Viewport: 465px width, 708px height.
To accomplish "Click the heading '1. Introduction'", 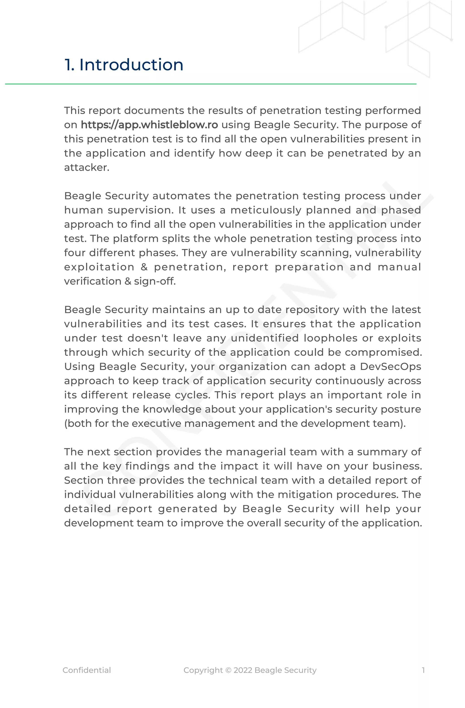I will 124,65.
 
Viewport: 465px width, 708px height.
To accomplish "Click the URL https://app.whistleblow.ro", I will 149,125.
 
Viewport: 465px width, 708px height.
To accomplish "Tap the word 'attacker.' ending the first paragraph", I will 87,168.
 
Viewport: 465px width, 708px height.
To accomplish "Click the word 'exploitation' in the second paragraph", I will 99,267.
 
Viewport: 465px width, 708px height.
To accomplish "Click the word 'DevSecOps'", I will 390,366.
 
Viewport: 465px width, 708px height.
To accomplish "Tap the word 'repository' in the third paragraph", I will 312,310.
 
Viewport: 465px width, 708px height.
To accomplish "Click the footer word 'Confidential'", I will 87,670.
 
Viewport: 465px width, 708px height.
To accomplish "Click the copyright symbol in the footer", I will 228,670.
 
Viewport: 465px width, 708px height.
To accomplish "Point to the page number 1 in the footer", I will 423,670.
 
